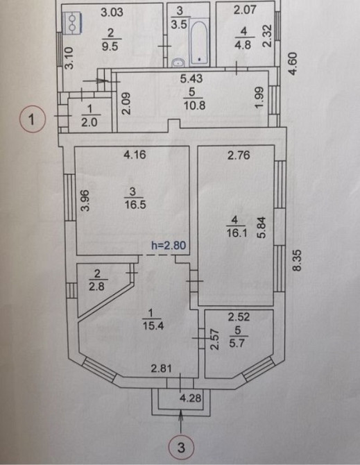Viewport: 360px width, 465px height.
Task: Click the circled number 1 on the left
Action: (33, 119)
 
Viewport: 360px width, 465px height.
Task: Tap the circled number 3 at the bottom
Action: (181, 448)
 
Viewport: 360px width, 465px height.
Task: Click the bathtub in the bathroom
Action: (199, 42)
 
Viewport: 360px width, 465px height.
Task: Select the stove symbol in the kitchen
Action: (72, 23)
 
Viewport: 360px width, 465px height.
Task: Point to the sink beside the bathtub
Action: (178, 62)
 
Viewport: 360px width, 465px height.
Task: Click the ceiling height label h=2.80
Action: (169, 246)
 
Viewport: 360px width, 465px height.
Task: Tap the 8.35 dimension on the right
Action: (297, 260)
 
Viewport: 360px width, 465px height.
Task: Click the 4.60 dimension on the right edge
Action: (293, 63)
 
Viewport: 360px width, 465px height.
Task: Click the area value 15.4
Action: (153, 326)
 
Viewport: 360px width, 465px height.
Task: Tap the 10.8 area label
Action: (194, 105)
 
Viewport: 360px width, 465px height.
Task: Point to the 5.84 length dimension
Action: (262, 228)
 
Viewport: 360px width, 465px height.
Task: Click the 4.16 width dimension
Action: (135, 155)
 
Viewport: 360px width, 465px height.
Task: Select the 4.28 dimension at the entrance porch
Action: (191, 398)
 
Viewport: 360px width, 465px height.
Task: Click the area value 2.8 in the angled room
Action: (96, 287)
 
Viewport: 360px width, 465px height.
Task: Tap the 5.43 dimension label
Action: (191, 78)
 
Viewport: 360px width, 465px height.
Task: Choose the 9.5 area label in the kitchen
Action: (110, 46)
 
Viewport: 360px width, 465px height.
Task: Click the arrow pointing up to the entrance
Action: (181, 422)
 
